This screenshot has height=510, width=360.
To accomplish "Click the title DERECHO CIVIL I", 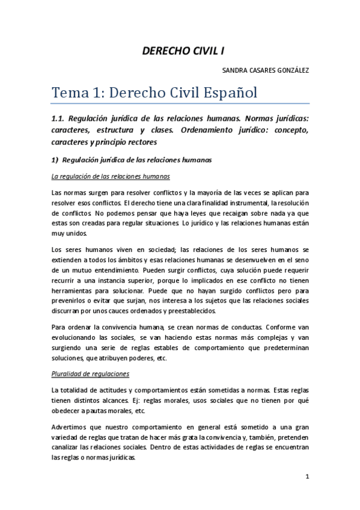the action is pos(180,51).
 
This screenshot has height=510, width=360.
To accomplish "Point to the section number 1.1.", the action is pos(61,118).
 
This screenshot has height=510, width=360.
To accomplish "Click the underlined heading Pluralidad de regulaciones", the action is pos(90,373).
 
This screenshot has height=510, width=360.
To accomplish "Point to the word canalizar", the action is pos(69,446).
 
